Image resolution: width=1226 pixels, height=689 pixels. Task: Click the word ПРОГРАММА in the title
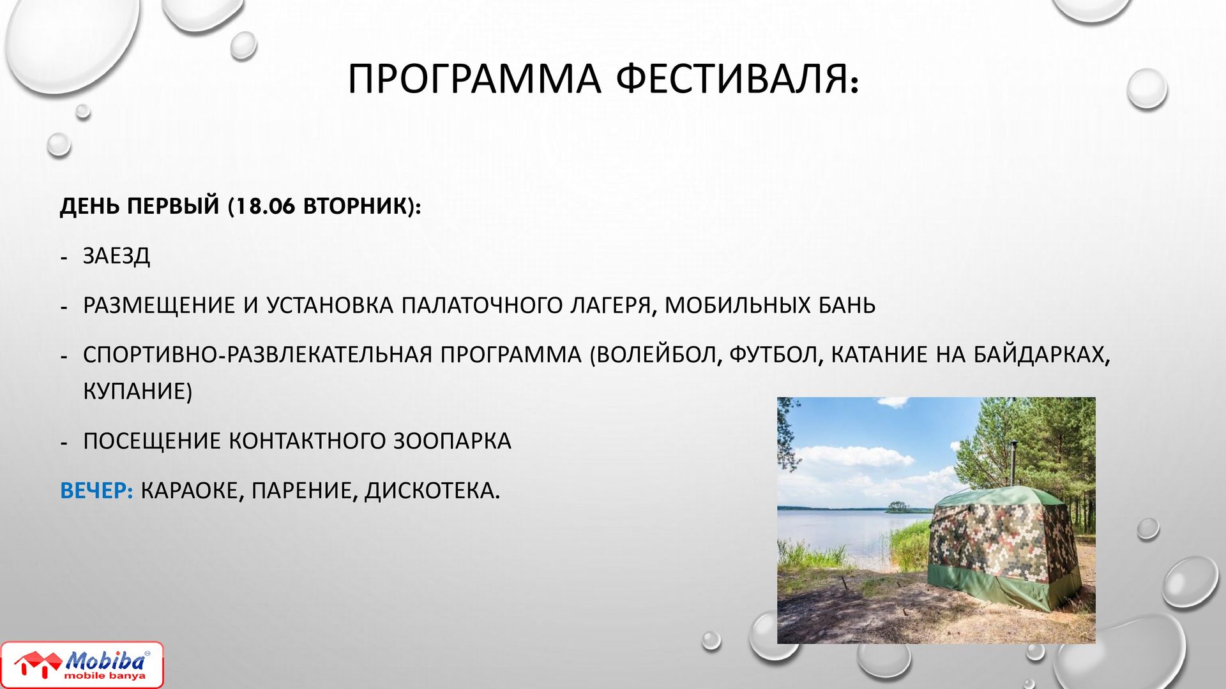click(474, 78)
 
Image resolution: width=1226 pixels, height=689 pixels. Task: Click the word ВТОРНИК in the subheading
click(354, 206)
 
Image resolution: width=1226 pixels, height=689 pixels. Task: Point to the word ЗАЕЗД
click(117, 256)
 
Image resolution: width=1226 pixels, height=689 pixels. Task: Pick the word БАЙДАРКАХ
click(1041, 355)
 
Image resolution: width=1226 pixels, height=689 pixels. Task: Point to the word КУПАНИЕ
click(137, 391)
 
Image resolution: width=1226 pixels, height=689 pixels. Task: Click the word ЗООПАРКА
click(452, 441)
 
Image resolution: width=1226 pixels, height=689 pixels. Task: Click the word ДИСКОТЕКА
click(432, 491)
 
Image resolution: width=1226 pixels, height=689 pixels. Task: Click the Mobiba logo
click(82, 665)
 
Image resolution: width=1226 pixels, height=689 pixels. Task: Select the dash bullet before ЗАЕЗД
click(63, 258)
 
